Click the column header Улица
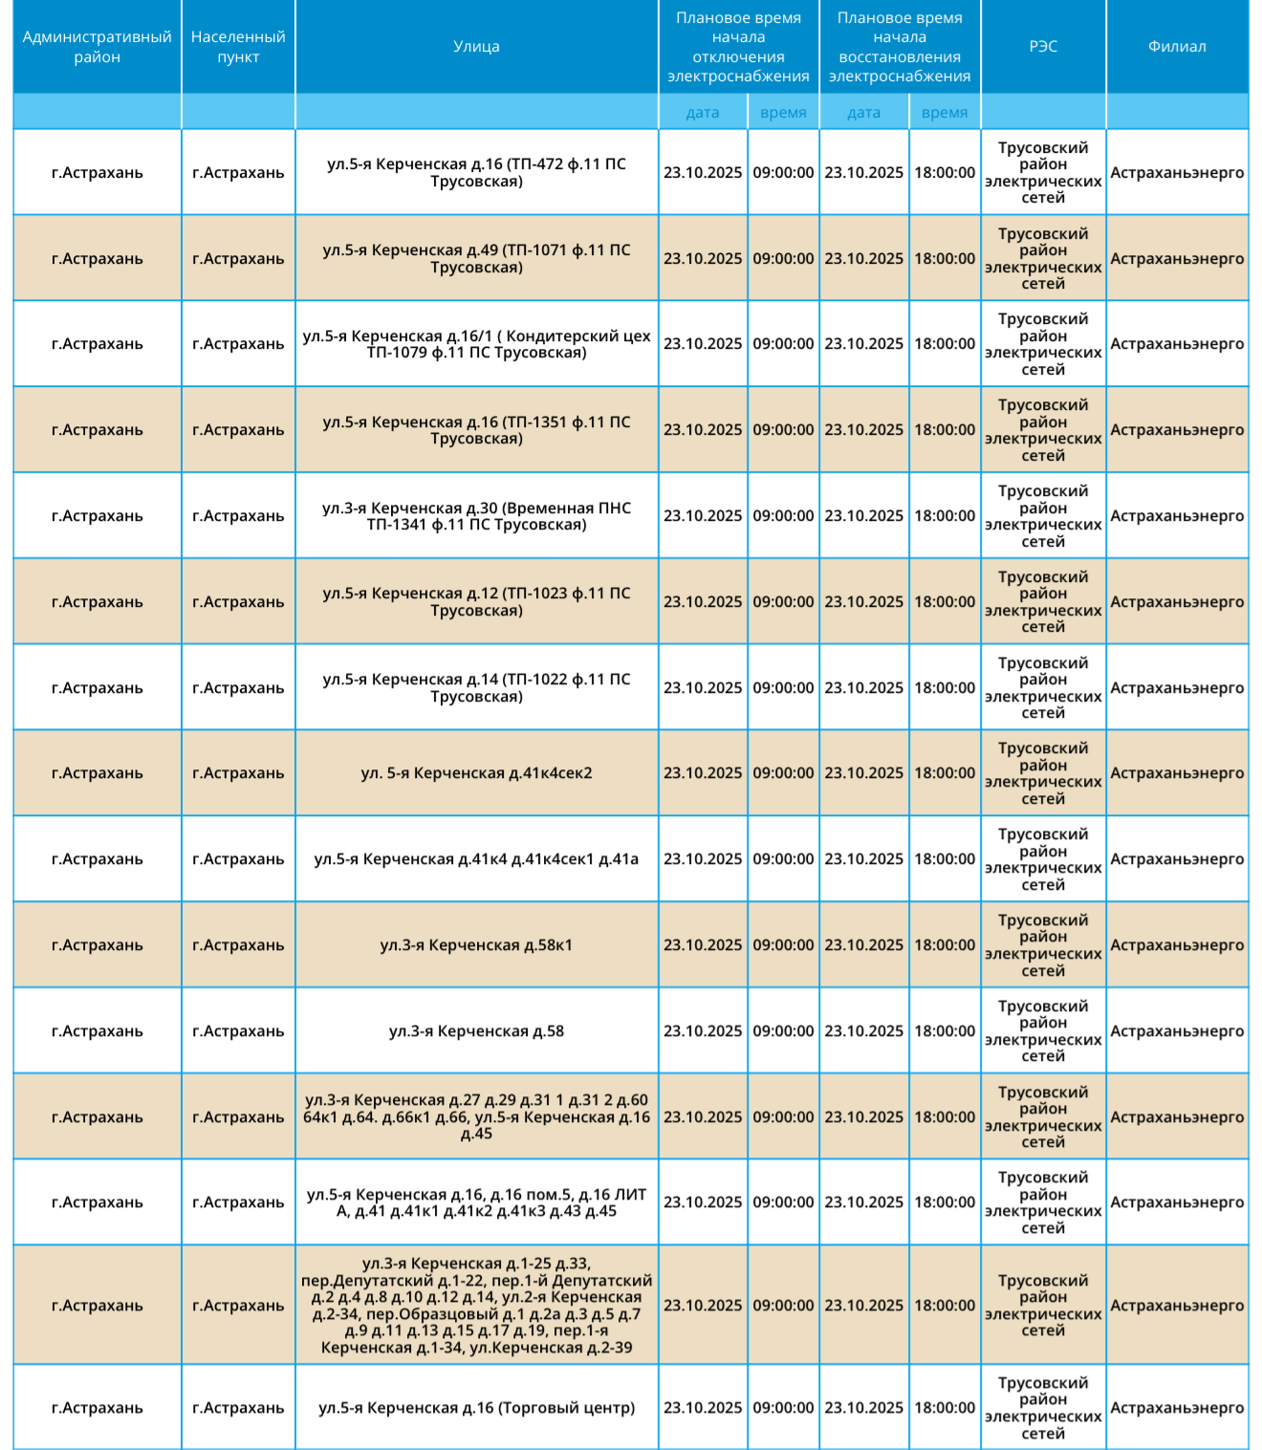pyautogui.click(x=476, y=47)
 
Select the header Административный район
pyautogui.click(x=97, y=47)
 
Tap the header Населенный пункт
pyautogui.click(x=238, y=47)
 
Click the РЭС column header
pyautogui.click(x=1043, y=47)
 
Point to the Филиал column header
pyautogui.click(x=1177, y=47)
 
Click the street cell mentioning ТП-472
pyautogui.click(x=476, y=173)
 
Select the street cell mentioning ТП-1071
pyautogui.click(x=476, y=259)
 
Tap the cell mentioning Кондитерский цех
pyautogui.click(x=476, y=344)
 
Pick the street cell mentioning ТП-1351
pyautogui.click(x=476, y=430)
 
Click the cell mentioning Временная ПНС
pyautogui.click(x=476, y=516)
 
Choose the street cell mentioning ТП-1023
pyautogui.click(x=476, y=602)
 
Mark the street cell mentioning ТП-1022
pyautogui.click(x=476, y=688)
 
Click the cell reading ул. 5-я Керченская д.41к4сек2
pyautogui.click(x=476, y=773)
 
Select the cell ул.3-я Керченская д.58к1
pyautogui.click(x=476, y=945)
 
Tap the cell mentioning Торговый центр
pyautogui.click(x=476, y=1408)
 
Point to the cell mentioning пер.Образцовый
pyautogui.click(x=476, y=1306)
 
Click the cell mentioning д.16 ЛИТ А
pyautogui.click(x=476, y=1202)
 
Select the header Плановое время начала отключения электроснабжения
pyautogui.click(x=738, y=47)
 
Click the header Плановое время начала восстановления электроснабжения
pyautogui.click(x=900, y=47)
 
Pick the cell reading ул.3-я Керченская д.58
pyautogui.click(x=476, y=1031)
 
